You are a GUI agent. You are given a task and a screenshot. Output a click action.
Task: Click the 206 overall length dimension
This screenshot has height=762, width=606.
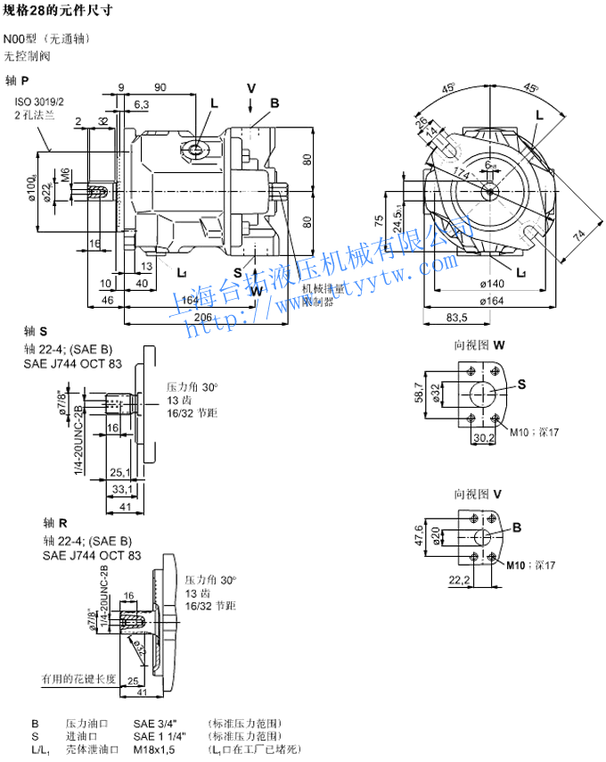click(203, 318)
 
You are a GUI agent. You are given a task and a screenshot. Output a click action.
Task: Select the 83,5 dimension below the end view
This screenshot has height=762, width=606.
click(457, 318)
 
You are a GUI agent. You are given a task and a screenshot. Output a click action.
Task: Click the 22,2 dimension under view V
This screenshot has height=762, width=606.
click(461, 580)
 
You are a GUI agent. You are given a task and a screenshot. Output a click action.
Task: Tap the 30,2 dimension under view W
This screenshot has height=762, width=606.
click(482, 437)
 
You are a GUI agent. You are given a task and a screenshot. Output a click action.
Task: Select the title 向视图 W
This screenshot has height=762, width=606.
click(480, 344)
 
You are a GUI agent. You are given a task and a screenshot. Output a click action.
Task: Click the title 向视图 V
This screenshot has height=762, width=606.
click(479, 493)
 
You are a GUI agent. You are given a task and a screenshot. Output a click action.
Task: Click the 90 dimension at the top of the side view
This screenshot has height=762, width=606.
click(160, 87)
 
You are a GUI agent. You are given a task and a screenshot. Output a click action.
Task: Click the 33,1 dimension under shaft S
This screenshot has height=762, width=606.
click(122, 489)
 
